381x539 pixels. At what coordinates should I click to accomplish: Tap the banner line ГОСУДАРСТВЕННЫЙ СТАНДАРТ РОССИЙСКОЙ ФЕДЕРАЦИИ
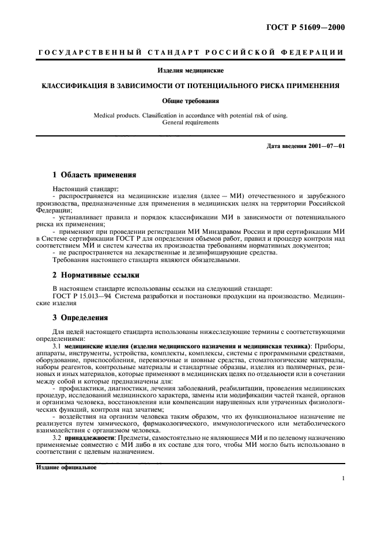click(191, 52)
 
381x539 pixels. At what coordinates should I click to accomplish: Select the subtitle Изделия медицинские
click(191, 71)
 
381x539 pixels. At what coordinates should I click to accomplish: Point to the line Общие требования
click(191, 100)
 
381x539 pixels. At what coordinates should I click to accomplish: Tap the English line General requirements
click(191, 122)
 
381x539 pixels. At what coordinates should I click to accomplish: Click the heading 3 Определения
click(78, 317)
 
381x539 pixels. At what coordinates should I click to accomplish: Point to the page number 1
click(343, 478)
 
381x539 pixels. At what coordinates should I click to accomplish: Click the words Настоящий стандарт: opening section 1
click(77, 188)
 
